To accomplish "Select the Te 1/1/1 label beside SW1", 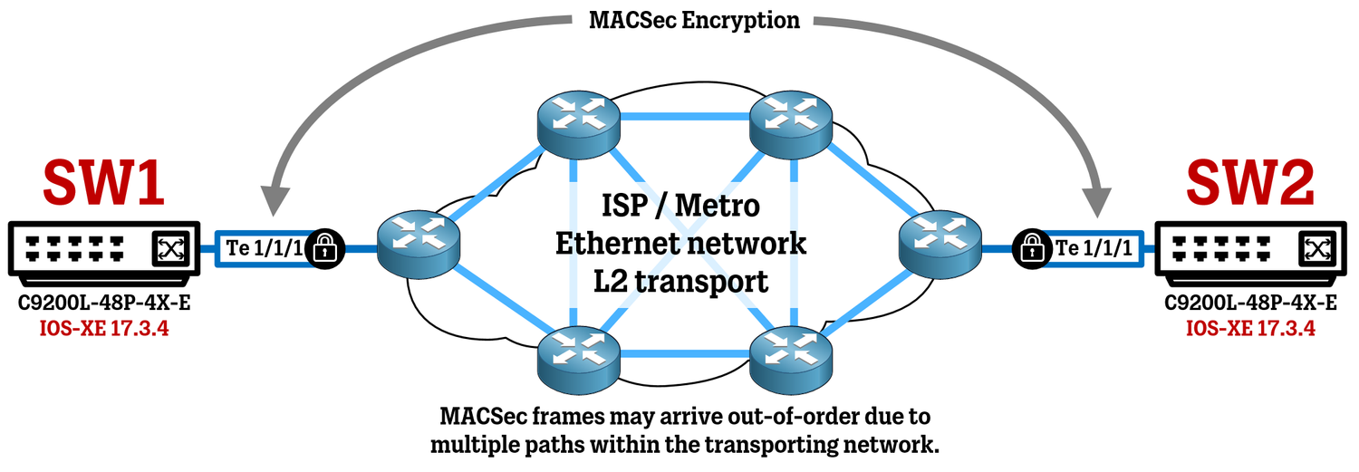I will pyautogui.click(x=264, y=248).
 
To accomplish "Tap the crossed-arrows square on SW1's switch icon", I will pyautogui.click(x=169, y=247).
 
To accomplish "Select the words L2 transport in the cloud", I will pyautogui.click(x=680, y=281).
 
